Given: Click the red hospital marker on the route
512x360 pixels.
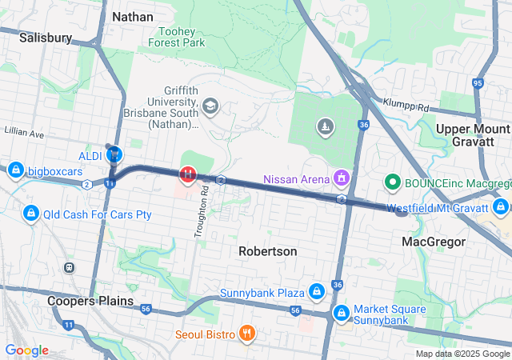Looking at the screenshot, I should pos(188,174).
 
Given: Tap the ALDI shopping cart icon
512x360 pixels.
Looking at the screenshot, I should pos(114,154).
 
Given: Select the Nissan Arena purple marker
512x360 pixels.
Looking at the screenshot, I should pos(342,176).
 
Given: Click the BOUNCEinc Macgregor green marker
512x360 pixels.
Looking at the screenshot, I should pos(393,182).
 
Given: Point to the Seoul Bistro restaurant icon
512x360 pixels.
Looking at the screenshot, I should pos(246,333).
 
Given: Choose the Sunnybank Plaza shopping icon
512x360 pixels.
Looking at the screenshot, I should pos(317,291).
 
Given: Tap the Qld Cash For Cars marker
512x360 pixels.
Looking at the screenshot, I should pos(31,214).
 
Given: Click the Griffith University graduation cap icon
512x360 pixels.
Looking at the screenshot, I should pos(210,106).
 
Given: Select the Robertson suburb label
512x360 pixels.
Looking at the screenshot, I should pos(268,251).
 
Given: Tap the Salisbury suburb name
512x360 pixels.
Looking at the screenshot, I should pos(46,37).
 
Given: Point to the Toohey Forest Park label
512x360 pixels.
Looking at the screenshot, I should pos(178,36).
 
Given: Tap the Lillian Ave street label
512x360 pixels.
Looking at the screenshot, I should pos(23,130).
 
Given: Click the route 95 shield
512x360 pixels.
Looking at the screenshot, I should pos(479,82).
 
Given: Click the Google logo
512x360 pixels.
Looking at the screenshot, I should pos(26,350).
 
